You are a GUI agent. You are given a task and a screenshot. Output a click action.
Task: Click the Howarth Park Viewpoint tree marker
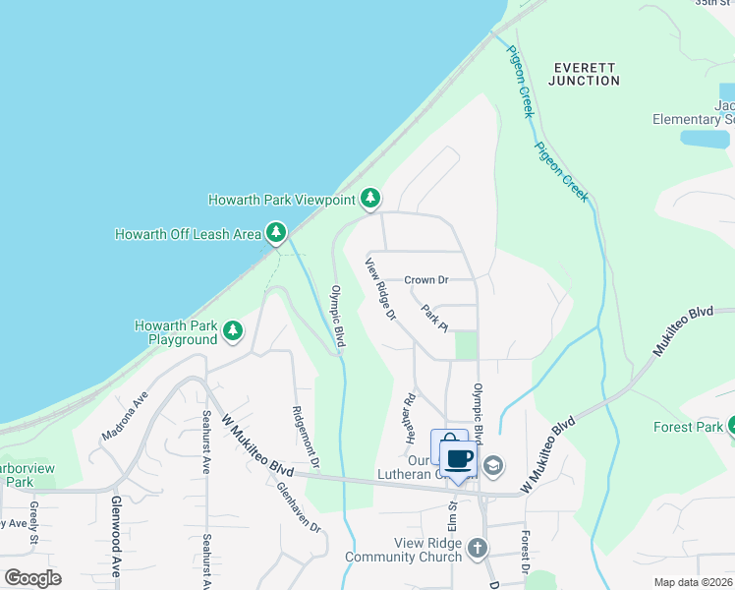pos(369,199)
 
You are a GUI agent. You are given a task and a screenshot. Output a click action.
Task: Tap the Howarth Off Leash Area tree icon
pos(277,232)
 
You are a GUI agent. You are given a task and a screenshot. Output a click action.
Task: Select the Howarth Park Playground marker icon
pos(234,330)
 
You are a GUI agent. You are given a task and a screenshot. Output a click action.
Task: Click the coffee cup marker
pos(458,458)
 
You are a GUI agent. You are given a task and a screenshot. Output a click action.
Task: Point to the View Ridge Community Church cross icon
pos(478,548)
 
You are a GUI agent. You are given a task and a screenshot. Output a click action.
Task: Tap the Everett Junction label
pos(584,74)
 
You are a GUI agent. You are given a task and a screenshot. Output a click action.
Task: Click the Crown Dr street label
pos(425,280)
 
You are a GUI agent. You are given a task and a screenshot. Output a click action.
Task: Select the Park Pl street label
pos(434,318)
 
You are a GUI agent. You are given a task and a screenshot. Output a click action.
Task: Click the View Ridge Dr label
pos(380,290)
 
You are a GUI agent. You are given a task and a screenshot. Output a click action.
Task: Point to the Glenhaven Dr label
pos(299,506)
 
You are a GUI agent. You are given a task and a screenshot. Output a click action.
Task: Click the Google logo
pos(32,578)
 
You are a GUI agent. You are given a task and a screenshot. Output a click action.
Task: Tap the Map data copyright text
pos(693,582)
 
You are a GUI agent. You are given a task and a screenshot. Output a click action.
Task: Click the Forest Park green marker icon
pos(731,426)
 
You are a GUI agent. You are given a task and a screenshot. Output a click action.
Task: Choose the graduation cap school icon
pos(492,464)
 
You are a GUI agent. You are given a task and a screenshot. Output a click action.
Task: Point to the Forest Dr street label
pos(527,553)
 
